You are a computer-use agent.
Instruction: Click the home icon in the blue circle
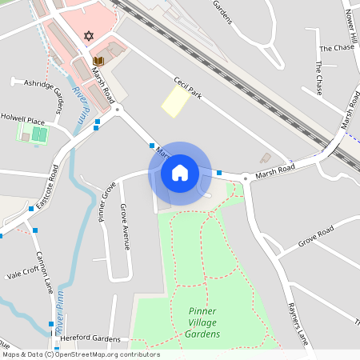click(180, 173)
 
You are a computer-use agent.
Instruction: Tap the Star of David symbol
click(88, 37)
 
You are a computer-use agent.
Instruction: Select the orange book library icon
click(98, 61)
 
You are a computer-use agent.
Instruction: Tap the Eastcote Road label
click(54, 184)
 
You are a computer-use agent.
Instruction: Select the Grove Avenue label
click(125, 226)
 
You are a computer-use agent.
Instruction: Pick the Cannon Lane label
click(44, 272)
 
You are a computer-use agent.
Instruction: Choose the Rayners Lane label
click(298, 325)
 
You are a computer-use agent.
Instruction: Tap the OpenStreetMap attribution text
click(81, 354)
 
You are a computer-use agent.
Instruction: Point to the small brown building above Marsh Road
click(266, 158)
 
